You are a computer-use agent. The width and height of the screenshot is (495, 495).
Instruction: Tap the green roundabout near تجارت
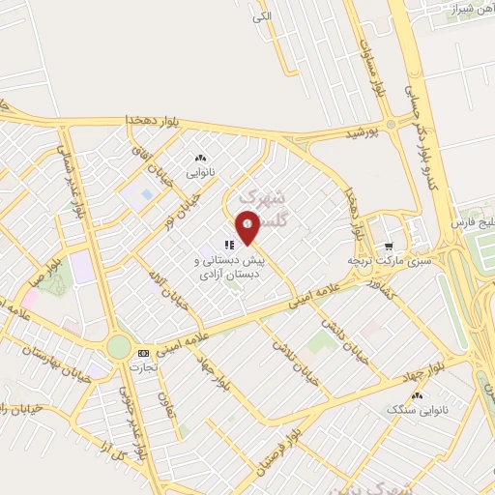pos(118,346)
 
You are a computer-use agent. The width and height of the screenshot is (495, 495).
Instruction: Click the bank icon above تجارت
pos(143,354)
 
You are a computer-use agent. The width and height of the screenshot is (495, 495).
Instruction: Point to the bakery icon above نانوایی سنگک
pos(418,395)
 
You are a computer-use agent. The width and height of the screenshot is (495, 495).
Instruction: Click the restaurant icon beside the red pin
pos(229,246)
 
